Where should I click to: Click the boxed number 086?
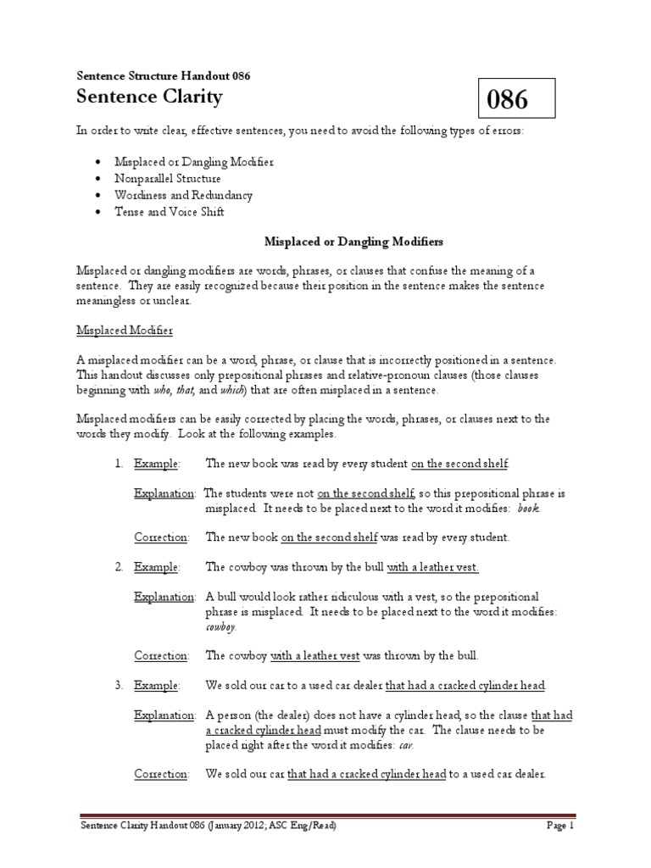(507, 100)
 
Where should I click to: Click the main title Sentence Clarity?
(149, 97)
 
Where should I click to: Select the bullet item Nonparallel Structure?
(169, 179)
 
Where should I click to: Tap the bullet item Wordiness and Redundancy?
(185, 195)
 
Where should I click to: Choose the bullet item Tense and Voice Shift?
(170, 212)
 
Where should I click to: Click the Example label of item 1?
(157, 463)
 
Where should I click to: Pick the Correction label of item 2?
(161, 655)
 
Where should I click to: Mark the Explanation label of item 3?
(164, 715)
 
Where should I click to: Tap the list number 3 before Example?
(118, 685)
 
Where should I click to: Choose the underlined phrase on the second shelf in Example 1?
(460, 463)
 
